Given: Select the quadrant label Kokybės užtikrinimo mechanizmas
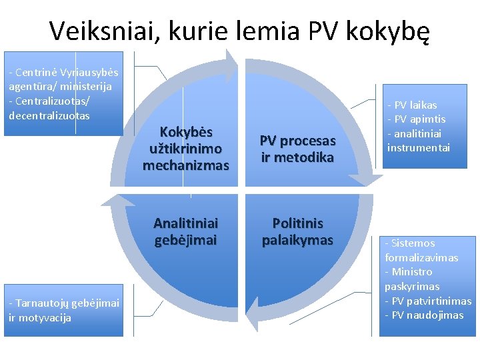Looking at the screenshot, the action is click(186, 147).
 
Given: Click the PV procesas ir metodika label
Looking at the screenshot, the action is click(297, 149).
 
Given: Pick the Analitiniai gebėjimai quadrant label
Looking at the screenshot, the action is click(186, 231).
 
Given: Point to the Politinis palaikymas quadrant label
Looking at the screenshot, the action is click(297, 231).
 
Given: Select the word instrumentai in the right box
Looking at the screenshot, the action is click(419, 147).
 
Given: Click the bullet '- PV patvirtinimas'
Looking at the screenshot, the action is click(427, 301).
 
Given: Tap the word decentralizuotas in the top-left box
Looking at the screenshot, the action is click(49, 115).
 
